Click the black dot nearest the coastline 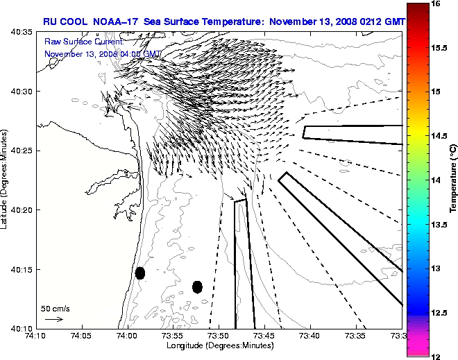click(139, 273)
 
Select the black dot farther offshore click(197, 286)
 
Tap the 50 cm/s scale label click(55, 308)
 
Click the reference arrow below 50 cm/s click(54, 319)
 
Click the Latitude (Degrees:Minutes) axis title click(6, 180)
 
